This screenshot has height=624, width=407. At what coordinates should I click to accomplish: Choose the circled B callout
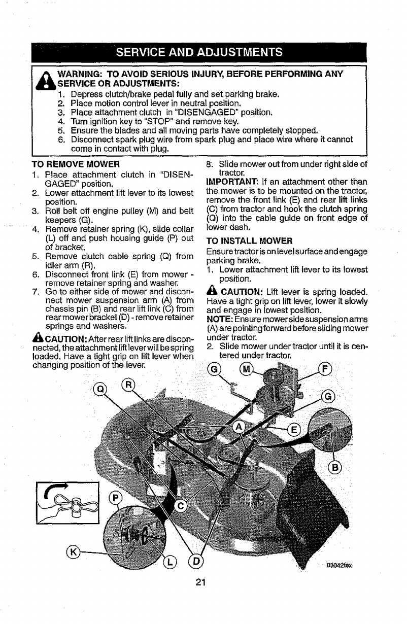pos(336,467)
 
